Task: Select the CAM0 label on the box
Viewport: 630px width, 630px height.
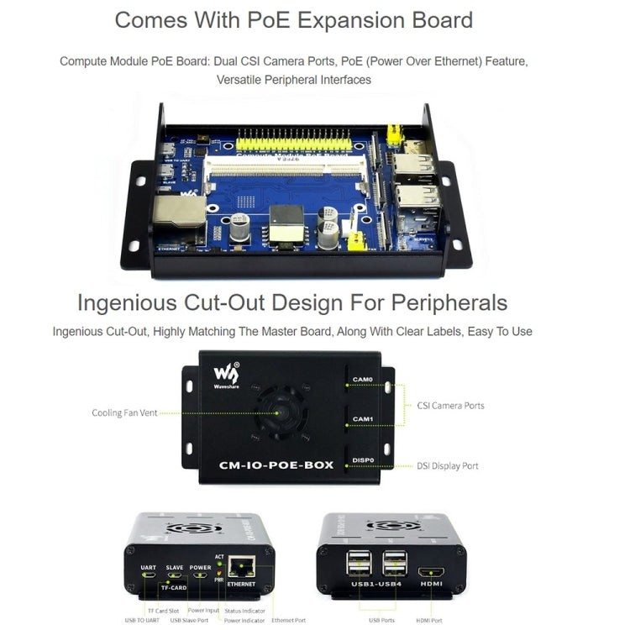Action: point(362,379)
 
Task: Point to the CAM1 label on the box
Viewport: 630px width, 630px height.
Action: point(362,418)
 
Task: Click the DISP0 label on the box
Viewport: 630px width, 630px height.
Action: point(363,459)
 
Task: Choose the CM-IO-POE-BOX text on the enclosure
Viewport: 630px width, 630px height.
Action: point(276,465)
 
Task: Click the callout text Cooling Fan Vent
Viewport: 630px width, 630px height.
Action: point(124,412)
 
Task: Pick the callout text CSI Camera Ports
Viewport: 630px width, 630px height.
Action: point(450,406)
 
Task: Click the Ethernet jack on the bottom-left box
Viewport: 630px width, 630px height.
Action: point(241,570)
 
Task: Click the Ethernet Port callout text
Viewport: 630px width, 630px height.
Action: point(289,620)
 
